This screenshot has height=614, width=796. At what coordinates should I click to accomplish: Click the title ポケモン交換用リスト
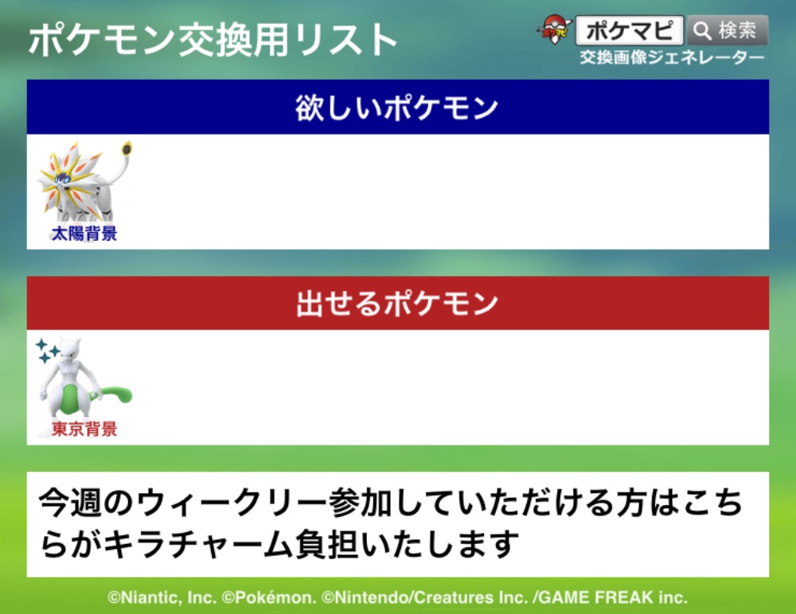point(213,40)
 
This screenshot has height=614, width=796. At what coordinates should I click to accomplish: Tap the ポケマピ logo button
point(630,30)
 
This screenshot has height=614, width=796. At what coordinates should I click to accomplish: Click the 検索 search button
point(727,30)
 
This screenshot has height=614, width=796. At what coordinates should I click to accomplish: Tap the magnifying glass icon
point(702,30)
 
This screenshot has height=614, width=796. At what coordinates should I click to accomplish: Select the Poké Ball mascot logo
point(554,29)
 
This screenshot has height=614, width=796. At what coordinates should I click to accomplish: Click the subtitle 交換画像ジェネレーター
point(672,57)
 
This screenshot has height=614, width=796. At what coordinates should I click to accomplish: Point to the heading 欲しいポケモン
point(396,107)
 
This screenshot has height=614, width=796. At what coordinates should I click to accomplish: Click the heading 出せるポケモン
point(397,304)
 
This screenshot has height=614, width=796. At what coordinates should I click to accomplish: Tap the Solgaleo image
point(84,183)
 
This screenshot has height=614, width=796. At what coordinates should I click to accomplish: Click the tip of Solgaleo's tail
point(127,149)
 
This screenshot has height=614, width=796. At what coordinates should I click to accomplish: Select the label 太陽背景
point(84,233)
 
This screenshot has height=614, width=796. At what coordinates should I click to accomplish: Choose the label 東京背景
point(84,429)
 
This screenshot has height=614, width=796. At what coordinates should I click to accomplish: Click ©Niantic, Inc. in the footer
point(162,597)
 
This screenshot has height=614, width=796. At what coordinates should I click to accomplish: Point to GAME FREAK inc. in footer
point(613,597)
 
